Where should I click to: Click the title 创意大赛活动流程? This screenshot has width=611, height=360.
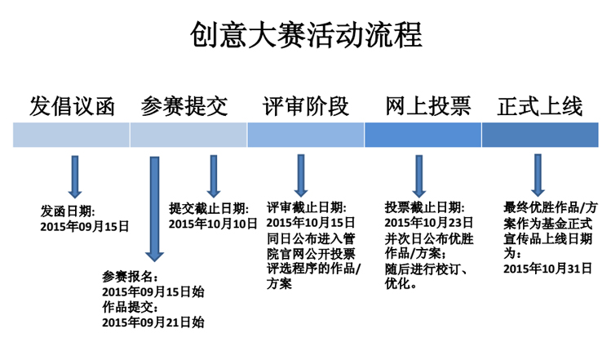point(306,35)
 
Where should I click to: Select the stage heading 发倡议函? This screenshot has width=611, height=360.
point(72,106)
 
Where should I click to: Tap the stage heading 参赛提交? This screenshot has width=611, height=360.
point(184,106)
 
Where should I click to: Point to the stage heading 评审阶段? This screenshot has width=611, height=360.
point(306,106)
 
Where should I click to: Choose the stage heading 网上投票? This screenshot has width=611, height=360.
point(428,106)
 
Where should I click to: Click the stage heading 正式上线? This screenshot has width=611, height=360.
point(540,106)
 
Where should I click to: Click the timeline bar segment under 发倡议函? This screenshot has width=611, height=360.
point(71,135)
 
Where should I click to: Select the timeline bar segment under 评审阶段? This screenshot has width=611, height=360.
point(306,135)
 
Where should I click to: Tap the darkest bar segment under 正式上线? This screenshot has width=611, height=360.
point(540,135)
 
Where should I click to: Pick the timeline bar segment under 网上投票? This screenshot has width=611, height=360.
point(423,135)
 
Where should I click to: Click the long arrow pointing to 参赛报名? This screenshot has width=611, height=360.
point(155,209)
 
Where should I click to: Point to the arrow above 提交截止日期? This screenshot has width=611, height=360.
point(214,176)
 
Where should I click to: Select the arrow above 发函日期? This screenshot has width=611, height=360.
point(75,177)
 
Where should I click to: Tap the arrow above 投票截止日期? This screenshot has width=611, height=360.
point(419,176)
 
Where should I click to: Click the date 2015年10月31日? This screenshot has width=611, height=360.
point(547,269)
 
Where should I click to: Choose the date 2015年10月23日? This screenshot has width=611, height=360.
point(428,223)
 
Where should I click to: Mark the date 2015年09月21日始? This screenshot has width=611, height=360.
point(153,322)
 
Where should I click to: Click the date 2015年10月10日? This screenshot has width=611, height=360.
point(213,224)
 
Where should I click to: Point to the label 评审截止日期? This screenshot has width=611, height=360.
point(306,207)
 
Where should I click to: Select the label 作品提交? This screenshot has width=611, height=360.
point(131,307)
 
